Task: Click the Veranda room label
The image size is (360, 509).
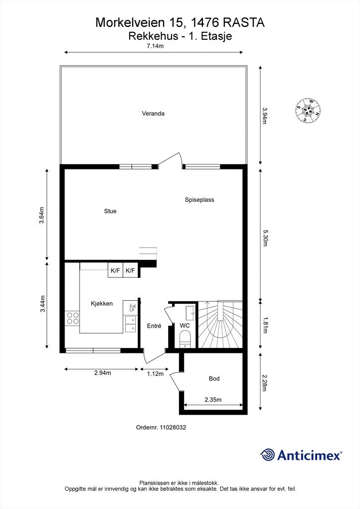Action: pyautogui.click(x=153, y=113)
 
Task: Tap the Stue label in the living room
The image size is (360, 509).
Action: pyautogui.click(x=110, y=211)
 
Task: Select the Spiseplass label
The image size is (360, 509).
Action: pyautogui.click(x=199, y=200)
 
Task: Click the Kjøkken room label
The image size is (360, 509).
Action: pyautogui.click(x=101, y=304)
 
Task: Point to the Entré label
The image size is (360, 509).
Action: pyautogui.click(x=154, y=326)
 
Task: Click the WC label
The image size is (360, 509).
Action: pyautogui.click(x=184, y=326)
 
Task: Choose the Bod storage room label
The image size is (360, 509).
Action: pyautogui.click(x=214, y=379)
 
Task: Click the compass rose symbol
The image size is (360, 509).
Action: pyautogui.click(x=308, y=110)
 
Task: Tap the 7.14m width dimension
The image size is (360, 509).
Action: pyautogui.click(x=155, y=46)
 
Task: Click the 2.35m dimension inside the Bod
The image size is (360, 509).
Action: pyautogui.click(x=213, y=400)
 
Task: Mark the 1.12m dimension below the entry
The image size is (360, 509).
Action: pyautogui.click(x=155, y=374)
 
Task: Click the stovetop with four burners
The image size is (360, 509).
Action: pyautogui.click(x=73, y=318)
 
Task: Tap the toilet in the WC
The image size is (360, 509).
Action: pyautogui.click(x=184, y=340)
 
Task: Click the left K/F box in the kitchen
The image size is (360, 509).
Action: pyautogui.click(x=115, y=270)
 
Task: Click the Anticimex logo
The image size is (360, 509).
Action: pyautogui.click(x=301, y=454)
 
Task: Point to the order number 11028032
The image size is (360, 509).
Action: pyautogui.click(x=161, y=427)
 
